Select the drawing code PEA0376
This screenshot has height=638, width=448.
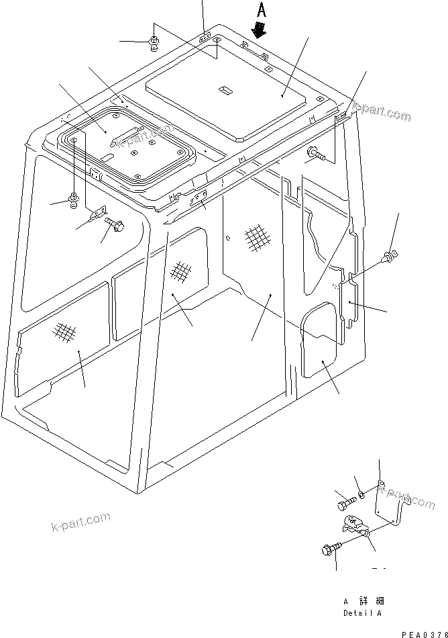(x=424, y=633)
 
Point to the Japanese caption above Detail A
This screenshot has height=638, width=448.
(x=362, y=601)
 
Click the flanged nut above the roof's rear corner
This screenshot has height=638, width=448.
(x=154, y=44)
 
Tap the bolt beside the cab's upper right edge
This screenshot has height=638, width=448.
(x=316, y=156)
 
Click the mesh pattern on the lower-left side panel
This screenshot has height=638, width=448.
(x=64, y=332)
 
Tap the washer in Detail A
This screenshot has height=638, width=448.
(x=361, y=495)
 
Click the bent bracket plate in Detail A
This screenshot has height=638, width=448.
(x=389, y=500)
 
